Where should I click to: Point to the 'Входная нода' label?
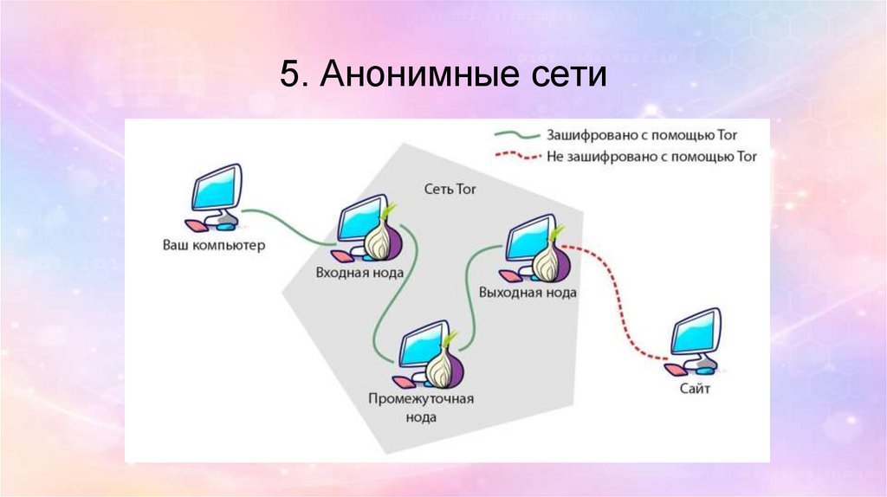click(x=359, y=272)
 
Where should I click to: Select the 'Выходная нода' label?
click(x=528, y=293)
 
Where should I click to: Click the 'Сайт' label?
click(x=695, y=390)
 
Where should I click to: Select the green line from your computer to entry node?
click(x=286, y=226)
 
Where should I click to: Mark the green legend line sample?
click(x=515, y=136)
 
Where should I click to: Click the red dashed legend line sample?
click(x=515, y=157)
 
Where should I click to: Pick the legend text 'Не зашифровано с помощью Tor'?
click(x=651, y=157)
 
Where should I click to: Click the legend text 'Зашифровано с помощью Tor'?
click(x=645, y=136)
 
